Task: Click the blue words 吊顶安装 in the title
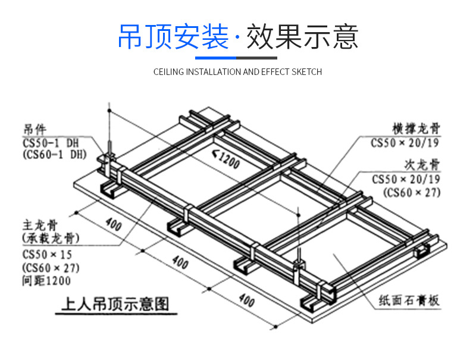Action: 173,36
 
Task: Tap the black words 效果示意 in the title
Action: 302,36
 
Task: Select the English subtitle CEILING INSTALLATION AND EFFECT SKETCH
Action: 237,72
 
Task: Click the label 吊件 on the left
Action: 35,129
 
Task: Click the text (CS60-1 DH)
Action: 54,154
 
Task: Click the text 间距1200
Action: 45,281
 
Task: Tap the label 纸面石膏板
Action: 409,301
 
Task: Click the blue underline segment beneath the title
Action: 216,58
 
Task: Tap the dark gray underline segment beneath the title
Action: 257,58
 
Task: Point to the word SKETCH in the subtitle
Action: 306,72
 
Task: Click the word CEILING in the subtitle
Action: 169,72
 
